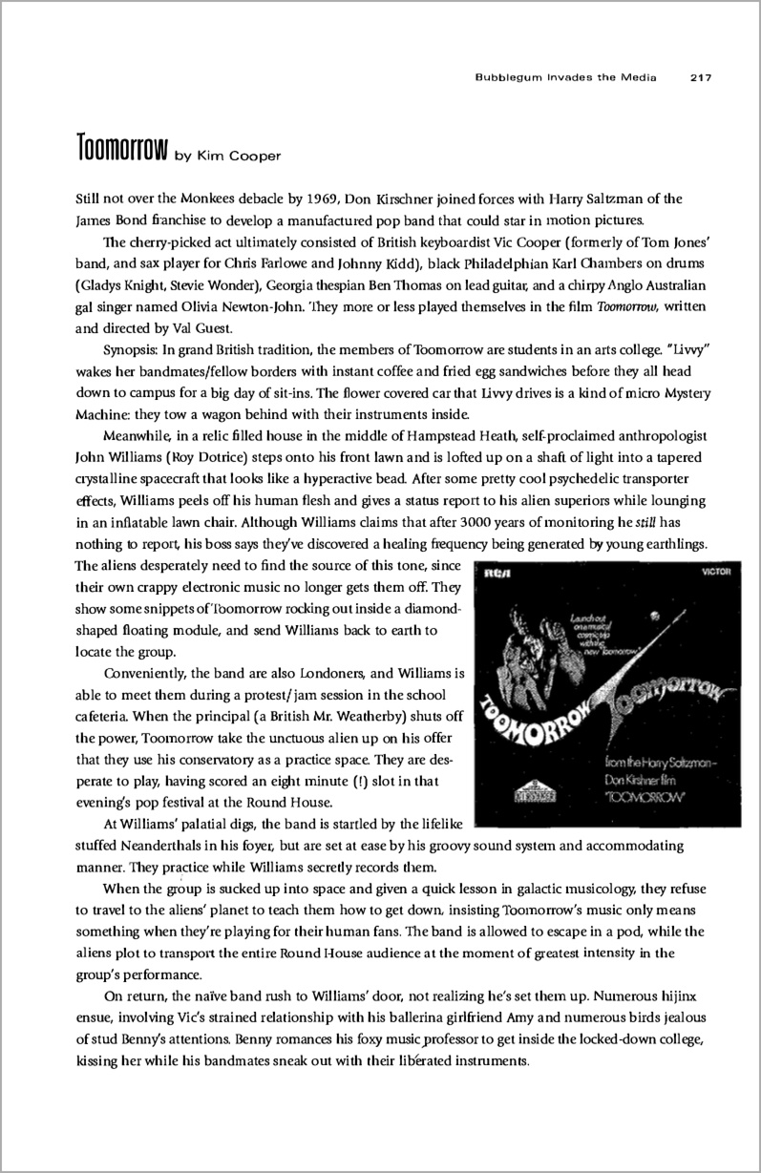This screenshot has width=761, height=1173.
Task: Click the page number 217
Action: coord(703,79)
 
